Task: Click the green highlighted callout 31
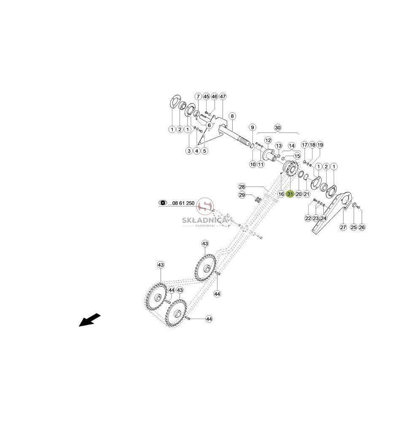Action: click(290, 194)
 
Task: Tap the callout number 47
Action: click(223, 96)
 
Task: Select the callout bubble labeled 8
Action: click(232, 116)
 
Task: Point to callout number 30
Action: click(278, 127)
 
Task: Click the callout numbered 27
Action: click(343, 227)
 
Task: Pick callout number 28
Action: click(242, 187)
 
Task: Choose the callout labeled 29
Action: click(242, 195)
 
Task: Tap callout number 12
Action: click(268, 140)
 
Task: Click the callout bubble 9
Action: click(252, 127)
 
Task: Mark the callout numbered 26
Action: click(362, 227)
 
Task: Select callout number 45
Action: click(206, 96)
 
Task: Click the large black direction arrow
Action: click(89, 320)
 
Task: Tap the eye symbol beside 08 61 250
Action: click(163, 203)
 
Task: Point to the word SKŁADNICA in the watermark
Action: click(205, 220)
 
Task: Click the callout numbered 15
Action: click(297, 156)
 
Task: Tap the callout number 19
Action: click(320, 145)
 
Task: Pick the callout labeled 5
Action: click(204, 151)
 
